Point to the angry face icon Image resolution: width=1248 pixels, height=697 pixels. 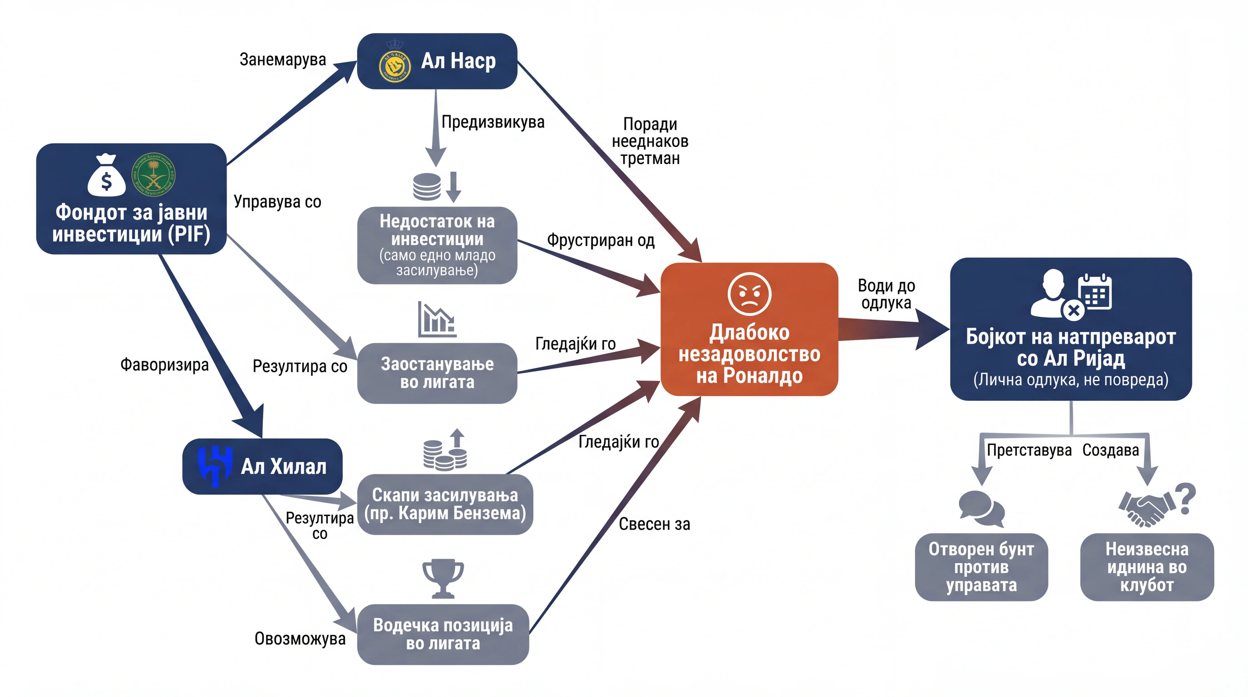(x=749, y=294)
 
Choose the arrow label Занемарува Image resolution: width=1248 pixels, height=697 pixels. (x=283, y=60)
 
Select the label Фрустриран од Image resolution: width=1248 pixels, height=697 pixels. (x=601, y=241)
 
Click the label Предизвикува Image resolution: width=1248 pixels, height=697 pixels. (x=493, y=122)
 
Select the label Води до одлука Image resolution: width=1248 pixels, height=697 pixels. (x=886, y=294)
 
